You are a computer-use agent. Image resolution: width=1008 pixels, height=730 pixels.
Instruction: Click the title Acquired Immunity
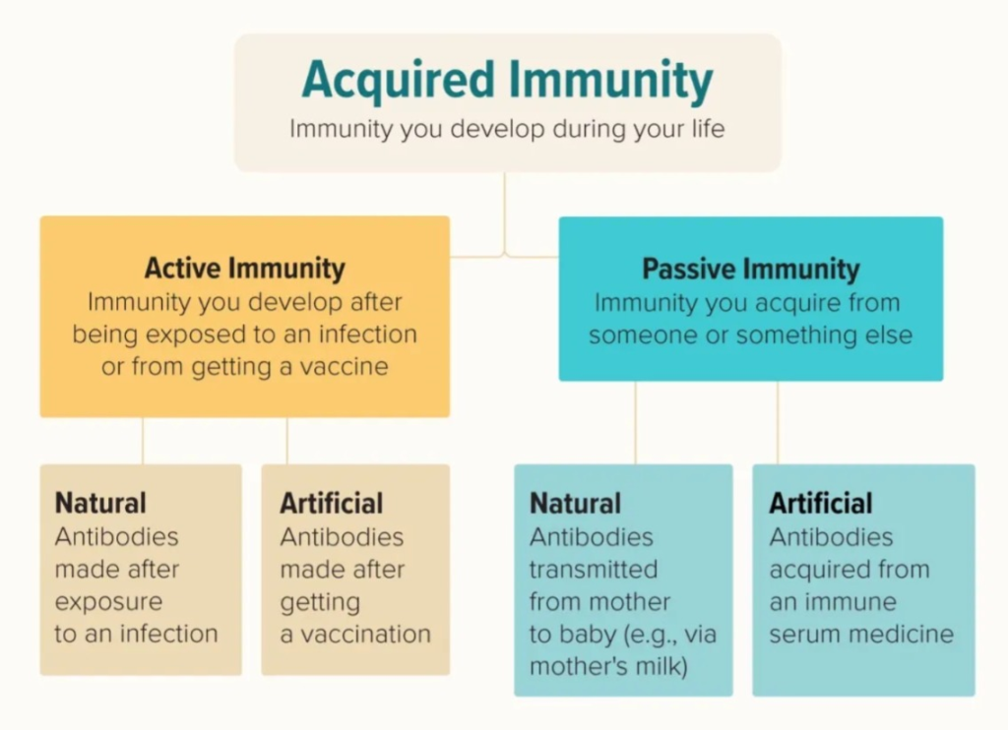tap(507, 81)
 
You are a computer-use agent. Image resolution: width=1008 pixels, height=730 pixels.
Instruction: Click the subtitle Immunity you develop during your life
tap(507, 129)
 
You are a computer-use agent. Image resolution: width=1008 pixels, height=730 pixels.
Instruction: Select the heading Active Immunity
tap(244, 269)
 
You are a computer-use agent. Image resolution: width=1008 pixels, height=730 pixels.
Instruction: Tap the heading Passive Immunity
tap(751, 270)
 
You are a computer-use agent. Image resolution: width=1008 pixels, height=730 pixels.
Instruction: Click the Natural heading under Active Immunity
tap(100, 503)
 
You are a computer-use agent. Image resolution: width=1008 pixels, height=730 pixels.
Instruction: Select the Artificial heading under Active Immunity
tap(331, 503)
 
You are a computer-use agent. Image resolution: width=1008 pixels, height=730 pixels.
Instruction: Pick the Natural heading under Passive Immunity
tap(575, 504)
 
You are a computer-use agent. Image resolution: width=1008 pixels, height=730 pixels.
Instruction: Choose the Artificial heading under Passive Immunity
tap(821, 504)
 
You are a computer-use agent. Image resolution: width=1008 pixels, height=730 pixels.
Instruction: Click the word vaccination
tap(366, 635)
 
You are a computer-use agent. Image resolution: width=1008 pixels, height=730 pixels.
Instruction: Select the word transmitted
tap(594, 570)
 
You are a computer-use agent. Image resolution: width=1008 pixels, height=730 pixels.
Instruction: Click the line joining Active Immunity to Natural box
tap(143, 441)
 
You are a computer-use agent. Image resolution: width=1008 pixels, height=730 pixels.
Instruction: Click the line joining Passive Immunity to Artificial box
tap(778, 423)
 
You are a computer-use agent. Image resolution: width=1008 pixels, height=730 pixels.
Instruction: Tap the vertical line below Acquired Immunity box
tap(505, 214)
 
